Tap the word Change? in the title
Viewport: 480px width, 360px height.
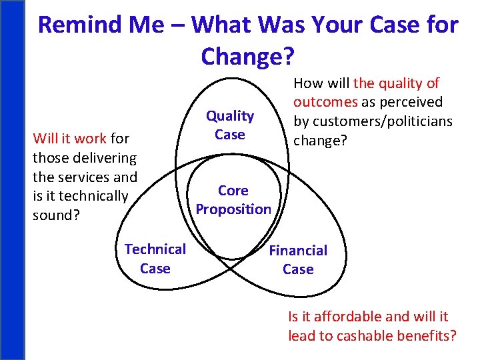[247, 57]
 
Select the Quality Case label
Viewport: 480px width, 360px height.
[230, 125]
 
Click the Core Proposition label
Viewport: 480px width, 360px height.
[233, 199]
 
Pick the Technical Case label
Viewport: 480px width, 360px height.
[155, 259]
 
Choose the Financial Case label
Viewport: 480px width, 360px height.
[298, 260]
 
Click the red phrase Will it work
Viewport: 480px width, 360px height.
[70, 139]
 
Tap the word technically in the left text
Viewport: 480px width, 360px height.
[93, 196]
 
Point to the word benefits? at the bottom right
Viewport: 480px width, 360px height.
[425, 335]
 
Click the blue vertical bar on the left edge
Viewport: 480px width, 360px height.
[11, 180]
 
